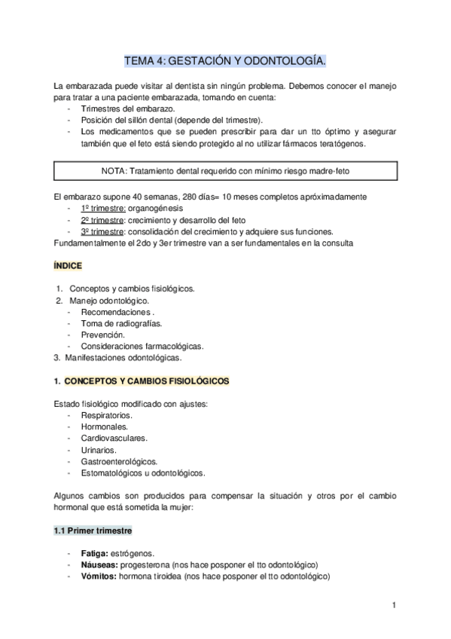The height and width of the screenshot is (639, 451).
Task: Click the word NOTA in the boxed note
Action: coord(114,170)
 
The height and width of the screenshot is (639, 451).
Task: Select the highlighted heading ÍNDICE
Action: coord(68,266)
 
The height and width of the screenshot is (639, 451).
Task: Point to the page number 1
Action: coord(393,605)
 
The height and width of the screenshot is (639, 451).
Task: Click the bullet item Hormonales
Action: coord(104,427)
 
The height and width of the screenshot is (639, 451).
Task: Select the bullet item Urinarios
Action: coord(98,450)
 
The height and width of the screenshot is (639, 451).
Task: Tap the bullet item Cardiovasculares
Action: coord(114,439)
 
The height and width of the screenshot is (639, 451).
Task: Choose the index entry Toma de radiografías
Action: coord(121,323)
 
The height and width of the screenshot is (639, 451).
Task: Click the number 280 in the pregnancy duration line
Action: coord(181,197)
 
